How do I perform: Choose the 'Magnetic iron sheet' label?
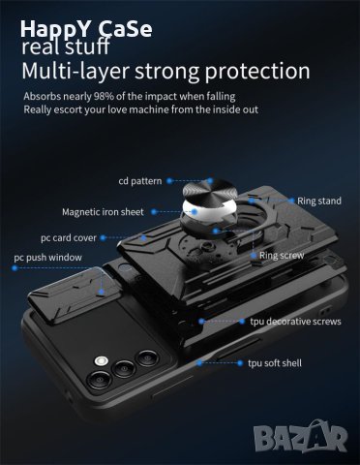point(103,211)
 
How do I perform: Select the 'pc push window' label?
point(47,258)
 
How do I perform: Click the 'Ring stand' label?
point(318,201)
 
